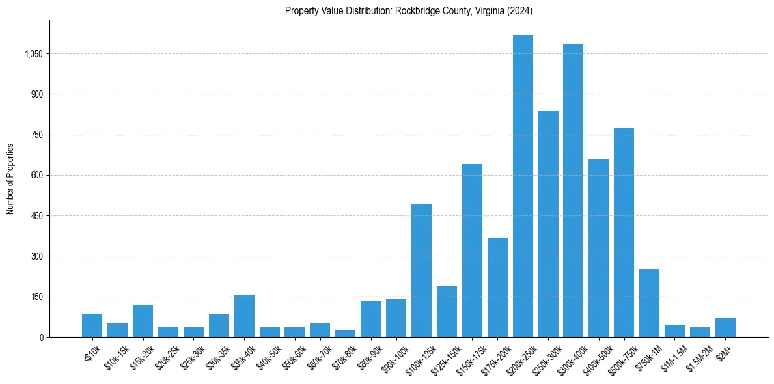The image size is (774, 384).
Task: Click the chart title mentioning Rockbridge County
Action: (409, 10)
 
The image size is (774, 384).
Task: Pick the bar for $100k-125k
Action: (421, 270)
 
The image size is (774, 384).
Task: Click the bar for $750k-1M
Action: (649, 303)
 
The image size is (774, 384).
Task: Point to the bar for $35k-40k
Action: (244, 316)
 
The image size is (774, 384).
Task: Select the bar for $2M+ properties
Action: (725, 327)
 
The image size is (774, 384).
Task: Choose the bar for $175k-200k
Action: (497, 287)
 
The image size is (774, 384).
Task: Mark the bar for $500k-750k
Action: (624, 232)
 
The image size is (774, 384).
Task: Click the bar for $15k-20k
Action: (143, 321)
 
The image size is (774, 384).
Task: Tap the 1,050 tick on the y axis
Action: (33, 54)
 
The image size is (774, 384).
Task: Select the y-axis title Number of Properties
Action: (10, 178)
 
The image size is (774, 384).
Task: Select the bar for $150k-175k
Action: (472, 251)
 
